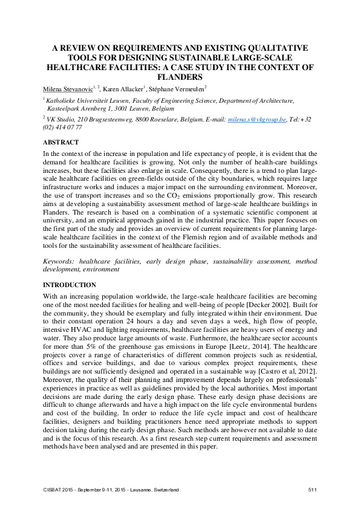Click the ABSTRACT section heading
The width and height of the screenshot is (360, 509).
click(x=61, y=142)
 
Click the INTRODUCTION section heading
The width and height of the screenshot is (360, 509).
click(x=70, y=284)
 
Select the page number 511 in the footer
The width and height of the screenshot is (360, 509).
click(x=313, y=488)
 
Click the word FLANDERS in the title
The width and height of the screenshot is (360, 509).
click(x=180, y=77)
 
